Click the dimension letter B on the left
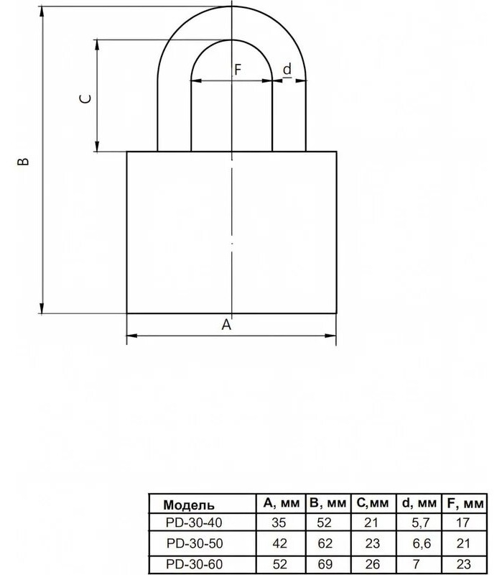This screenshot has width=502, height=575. (x=23, y=161)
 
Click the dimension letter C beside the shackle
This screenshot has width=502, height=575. (x=85, y=98)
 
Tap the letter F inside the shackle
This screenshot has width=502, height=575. (x=238, y=69)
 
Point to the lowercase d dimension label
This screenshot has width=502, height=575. (x=288, y=68)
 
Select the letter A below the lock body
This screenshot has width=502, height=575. (x=227, y=324)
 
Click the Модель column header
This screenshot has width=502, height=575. (x=189, y=505)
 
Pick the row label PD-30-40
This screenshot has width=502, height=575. (x=194, y=523)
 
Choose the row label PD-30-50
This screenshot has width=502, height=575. (x=195, y=543)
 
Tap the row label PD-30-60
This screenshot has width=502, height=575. (x=194, y=563)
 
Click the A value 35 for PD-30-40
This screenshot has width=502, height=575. (x=279, y=523)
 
